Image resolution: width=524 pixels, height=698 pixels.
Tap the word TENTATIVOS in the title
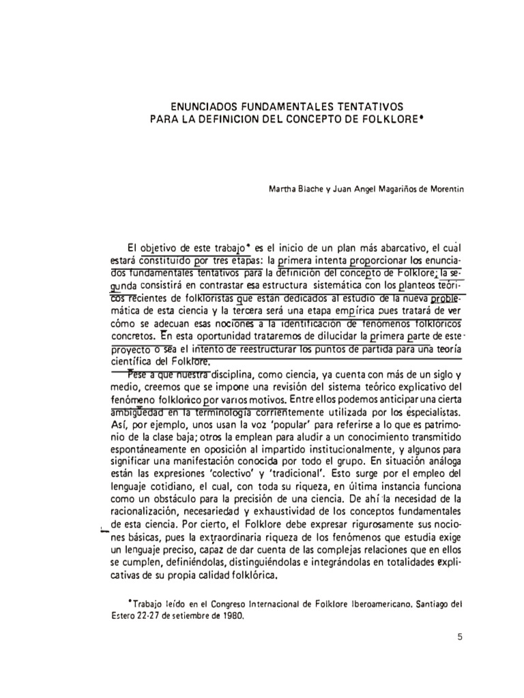coord(369,107)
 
